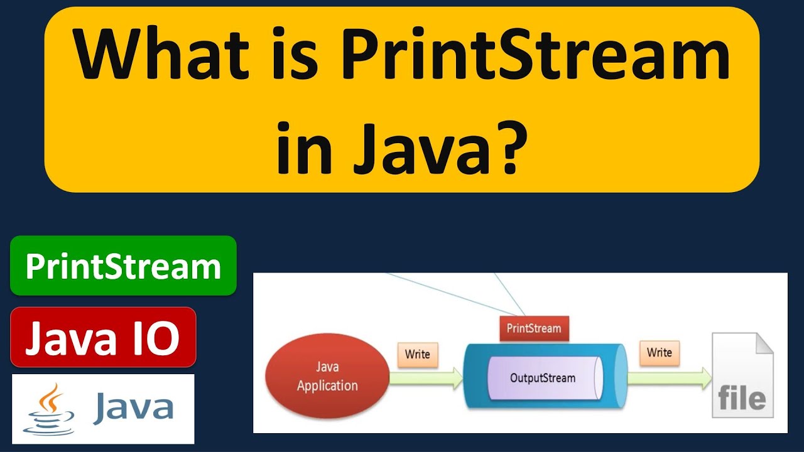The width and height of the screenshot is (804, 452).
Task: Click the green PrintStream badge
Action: [123, 266]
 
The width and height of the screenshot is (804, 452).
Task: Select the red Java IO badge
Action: [103, 338]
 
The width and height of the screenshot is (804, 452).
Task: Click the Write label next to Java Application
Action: [417, 354]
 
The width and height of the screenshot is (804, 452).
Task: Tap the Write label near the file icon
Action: [660, 352]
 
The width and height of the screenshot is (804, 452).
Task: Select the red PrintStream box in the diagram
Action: [533, 328]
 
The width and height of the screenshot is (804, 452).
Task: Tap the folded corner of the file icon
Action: [763, 344]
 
